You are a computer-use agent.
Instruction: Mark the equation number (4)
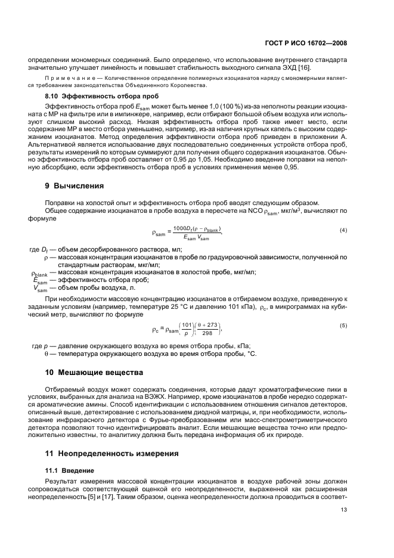pos(343,230)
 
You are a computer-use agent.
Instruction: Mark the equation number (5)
pos(343,325)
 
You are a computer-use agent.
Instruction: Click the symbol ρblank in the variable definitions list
pos(39,273)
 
